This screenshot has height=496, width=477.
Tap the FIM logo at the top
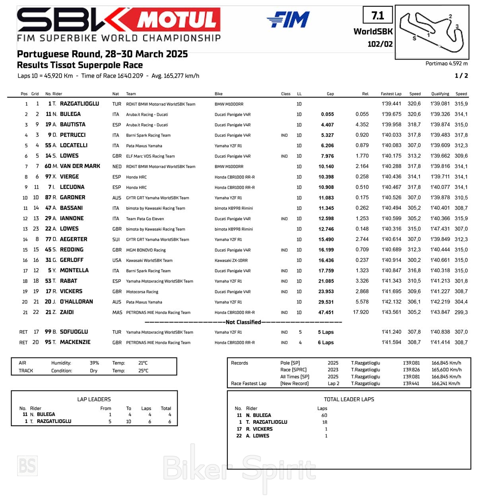coord(289,19)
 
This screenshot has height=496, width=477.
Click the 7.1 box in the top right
coord(378,16)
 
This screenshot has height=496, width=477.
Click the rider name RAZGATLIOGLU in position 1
coord(79,104)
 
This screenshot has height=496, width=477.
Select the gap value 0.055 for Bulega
coord(327,114)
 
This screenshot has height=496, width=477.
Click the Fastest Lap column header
coord(391,94)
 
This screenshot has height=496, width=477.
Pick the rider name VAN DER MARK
coord(80,166)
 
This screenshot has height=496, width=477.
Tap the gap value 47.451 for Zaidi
coord(326,312)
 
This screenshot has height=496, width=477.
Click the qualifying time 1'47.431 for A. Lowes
coord(440,229)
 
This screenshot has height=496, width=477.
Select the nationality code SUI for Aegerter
coord(116,239)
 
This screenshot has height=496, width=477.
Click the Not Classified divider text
coord(243,322)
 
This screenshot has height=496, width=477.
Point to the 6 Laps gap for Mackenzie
coord(326,342)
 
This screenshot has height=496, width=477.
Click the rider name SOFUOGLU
coord(74,332)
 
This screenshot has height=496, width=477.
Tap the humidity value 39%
coord(94,363)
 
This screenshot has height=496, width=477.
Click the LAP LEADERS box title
coord(94,399)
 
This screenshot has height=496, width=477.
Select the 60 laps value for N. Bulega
coord(324,415)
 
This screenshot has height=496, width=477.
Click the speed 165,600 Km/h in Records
coord(446,370)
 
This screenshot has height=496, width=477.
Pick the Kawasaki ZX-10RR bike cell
coord(231,260)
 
